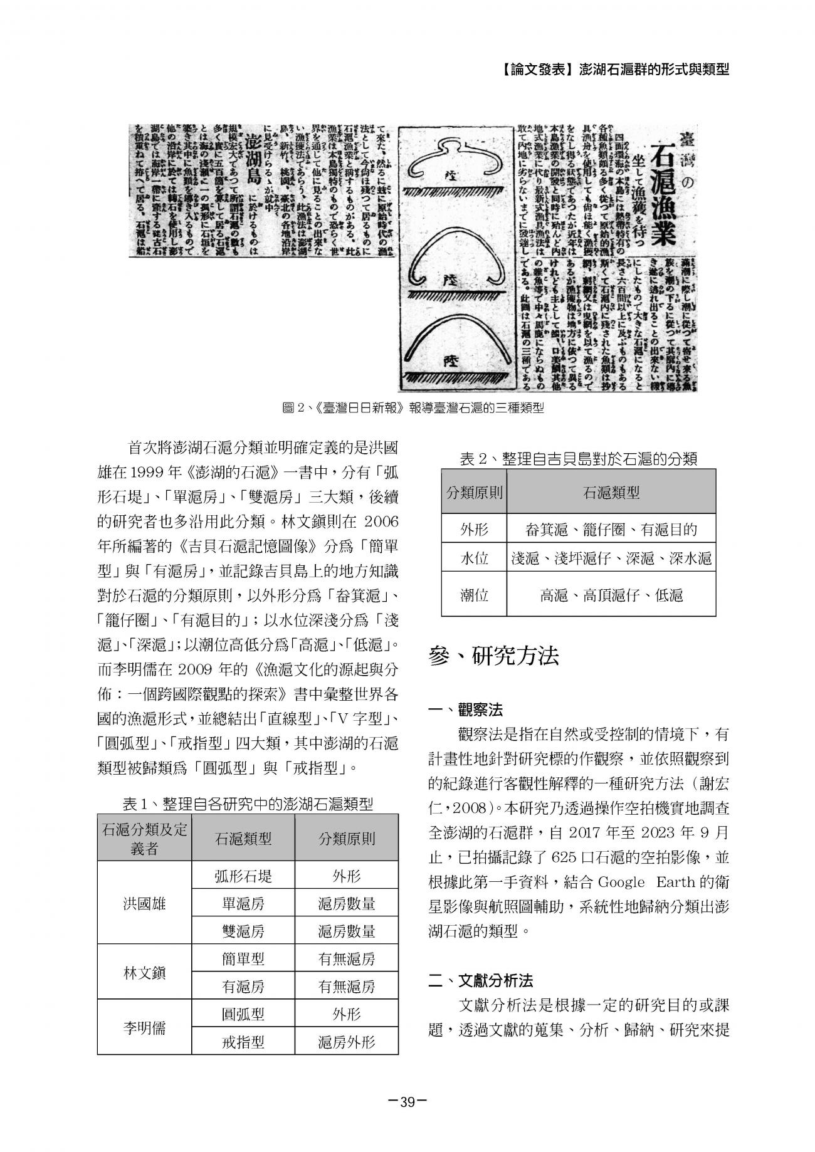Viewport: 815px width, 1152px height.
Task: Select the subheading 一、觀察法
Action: coord(465,710)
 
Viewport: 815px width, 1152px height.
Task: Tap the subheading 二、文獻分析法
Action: coord(481,980)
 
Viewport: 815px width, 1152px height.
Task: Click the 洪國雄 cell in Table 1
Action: coord(144,903)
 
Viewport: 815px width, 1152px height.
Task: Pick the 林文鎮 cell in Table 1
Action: coord(144,973)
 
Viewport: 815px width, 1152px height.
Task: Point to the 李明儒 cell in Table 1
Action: coord(144,1029)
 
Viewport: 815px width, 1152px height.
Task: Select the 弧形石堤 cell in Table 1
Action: coord(243,876)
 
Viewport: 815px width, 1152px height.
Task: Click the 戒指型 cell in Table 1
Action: coord(243,1042)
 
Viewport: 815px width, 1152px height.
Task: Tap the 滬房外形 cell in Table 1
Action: coord(346,1042)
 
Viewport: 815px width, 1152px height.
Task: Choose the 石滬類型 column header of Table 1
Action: coord(243,839)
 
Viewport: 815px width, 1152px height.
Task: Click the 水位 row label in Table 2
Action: coord(474,558)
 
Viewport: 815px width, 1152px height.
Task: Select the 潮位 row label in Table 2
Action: coord(474,595)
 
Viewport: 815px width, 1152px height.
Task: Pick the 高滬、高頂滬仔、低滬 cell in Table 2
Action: coord(611,595)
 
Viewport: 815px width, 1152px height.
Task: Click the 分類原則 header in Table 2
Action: coord(474,493)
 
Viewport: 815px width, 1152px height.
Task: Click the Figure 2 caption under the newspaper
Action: coord(413,409)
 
